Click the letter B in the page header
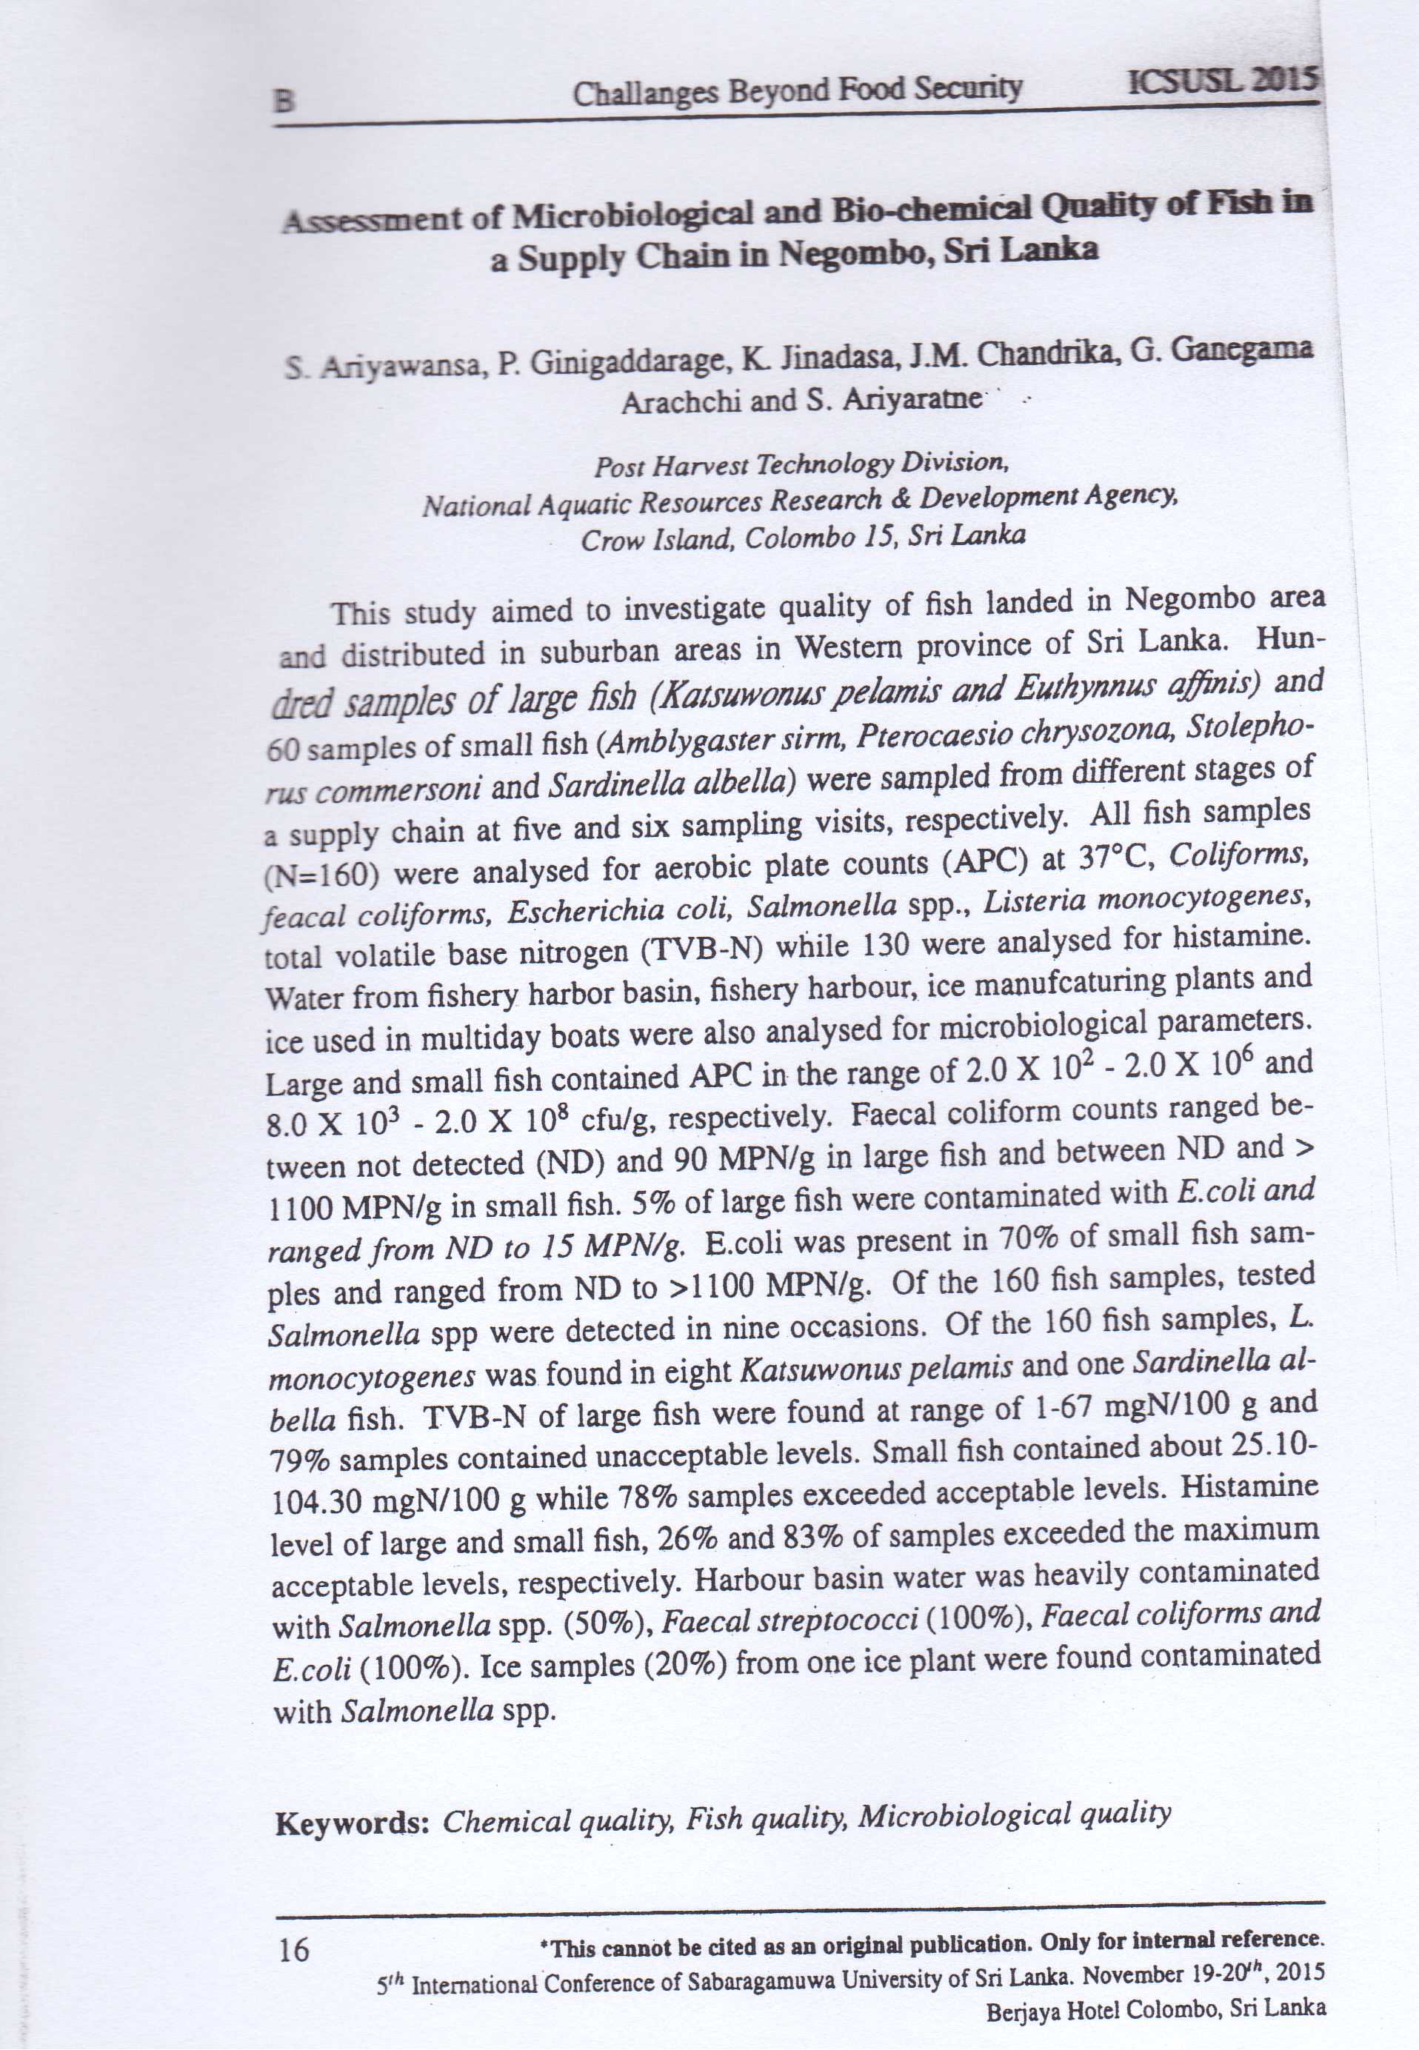(x=284, y=101)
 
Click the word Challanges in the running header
(x=647, y=93)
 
